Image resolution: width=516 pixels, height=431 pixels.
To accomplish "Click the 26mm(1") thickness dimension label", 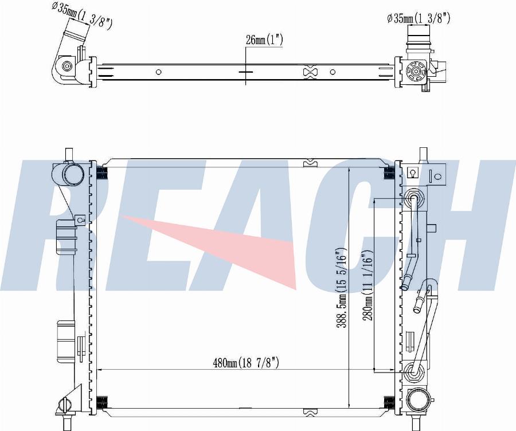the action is click(264, 40).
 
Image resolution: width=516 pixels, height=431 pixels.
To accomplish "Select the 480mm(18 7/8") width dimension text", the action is click(246, 363).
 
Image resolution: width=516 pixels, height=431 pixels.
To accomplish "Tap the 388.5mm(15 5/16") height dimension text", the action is click(341, 288).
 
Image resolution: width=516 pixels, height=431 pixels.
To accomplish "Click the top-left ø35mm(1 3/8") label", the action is click(82, 16).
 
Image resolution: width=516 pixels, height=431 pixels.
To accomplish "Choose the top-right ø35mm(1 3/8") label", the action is click(419, 18).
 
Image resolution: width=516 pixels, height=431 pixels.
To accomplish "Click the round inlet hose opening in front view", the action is click(72, 174).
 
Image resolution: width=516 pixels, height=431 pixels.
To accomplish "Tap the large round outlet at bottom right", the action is click(417, 399).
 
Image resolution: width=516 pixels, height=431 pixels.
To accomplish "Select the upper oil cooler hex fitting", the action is click(415, 199).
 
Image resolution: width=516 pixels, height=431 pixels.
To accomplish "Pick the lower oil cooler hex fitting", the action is click(415, 373).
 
